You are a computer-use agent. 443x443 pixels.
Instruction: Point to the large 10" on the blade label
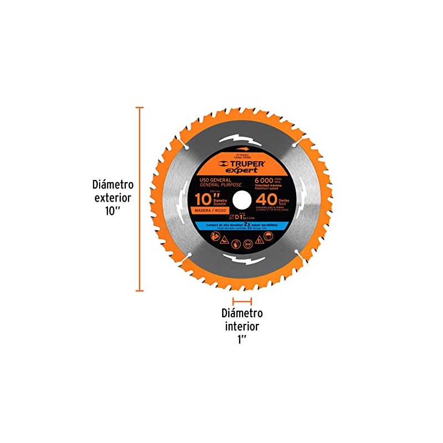pyautogui.click(x=207, y=198)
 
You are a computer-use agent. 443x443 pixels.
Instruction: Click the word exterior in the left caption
pyautogui.click(x=114, y=197)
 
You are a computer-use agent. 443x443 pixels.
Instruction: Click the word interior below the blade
pyautogui.click(x=241, y=327)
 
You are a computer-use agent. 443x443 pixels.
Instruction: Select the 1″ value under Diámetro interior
pyautogui.click(x=241, y=339)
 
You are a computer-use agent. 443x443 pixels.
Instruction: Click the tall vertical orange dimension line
pyautogui.click(x=140, y=199)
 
